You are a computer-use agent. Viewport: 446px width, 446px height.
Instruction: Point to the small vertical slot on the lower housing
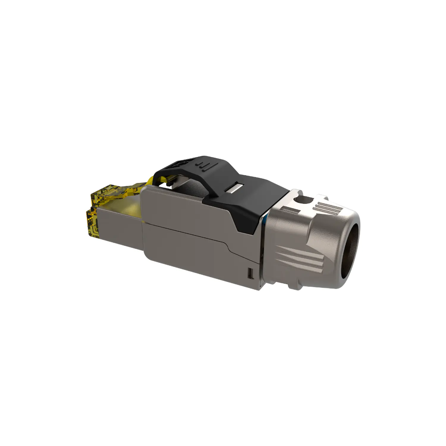250,273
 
